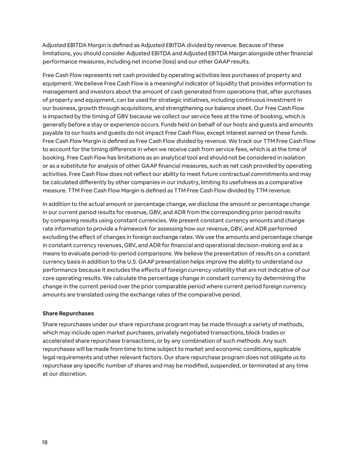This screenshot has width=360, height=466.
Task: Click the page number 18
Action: click(x=45, y=442)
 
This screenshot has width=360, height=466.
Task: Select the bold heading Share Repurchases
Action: click(x=68, y=313)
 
